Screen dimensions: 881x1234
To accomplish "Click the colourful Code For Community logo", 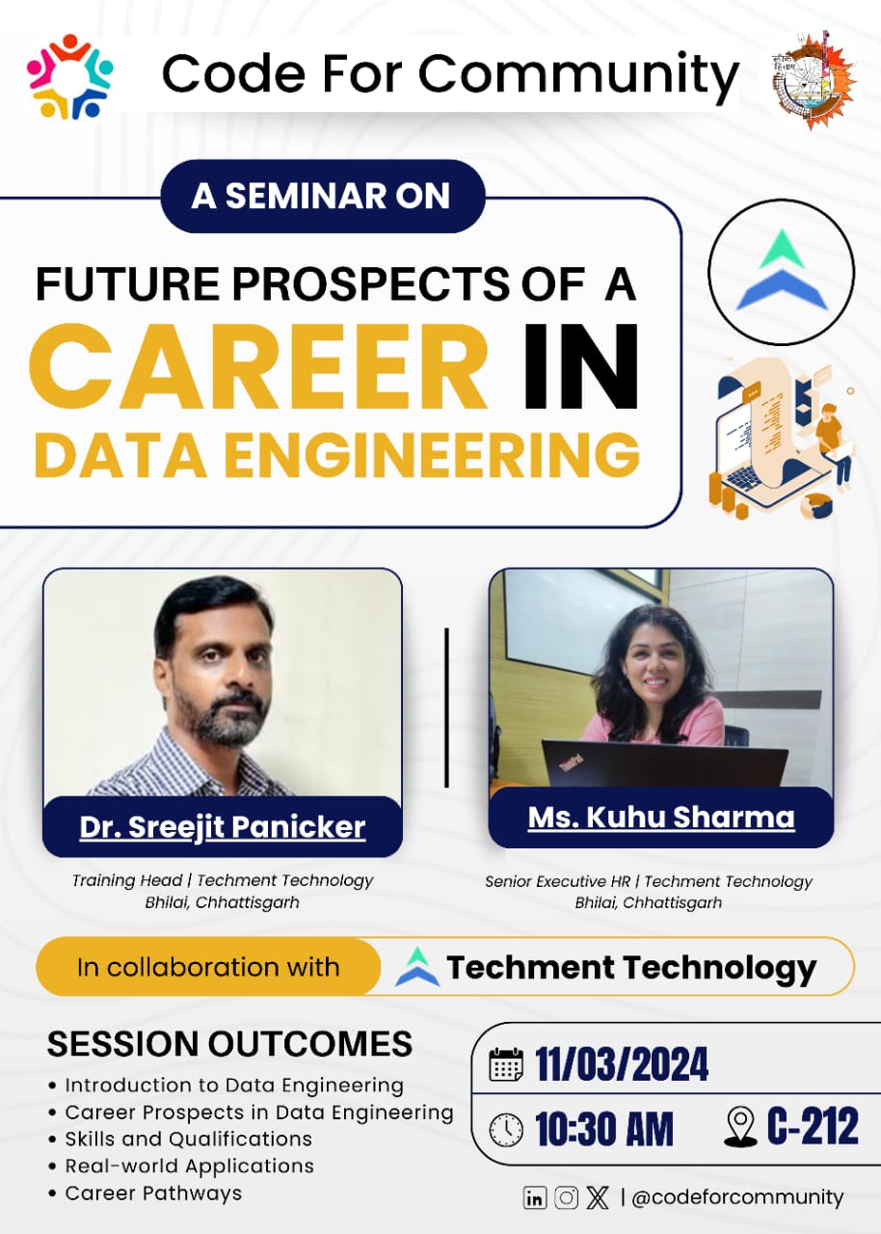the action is [x=70, y=76].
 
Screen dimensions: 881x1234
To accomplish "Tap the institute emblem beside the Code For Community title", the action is [x=814, y=80].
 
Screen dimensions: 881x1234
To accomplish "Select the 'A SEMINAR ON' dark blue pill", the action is [x=322, y=196].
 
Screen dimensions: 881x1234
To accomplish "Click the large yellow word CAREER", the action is [x=258, y=368].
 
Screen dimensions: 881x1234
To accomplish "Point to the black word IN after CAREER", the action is [x=581, y=367].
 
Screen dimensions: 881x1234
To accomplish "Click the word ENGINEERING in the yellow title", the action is [x=432, y=455].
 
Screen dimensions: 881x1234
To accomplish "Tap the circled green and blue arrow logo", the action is [x=782, y=271].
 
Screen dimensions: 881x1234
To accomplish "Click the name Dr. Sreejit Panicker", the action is [x=223, y=827].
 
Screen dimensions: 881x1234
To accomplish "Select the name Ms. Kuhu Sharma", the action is [x=661, y=817].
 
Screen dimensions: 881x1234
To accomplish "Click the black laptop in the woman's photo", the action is [x=664, y=764].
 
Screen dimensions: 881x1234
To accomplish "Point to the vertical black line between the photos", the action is [x=446, y=708].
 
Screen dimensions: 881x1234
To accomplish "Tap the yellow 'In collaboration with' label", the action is [x=208, y=967].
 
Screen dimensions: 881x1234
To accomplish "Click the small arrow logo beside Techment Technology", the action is [x=417, y=966].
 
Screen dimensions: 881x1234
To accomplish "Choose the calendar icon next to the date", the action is [x=506, y=1063].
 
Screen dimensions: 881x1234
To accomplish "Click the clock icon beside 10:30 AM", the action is [x=506, y=1131].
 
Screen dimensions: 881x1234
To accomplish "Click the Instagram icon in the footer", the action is [x=566, y=1197].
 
